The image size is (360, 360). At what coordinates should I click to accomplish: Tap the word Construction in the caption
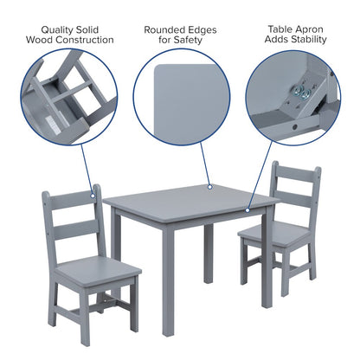tap(87, 40)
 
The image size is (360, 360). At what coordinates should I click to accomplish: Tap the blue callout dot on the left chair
tap(93, 188)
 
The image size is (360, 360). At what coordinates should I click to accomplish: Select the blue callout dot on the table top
tap(209, 185)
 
